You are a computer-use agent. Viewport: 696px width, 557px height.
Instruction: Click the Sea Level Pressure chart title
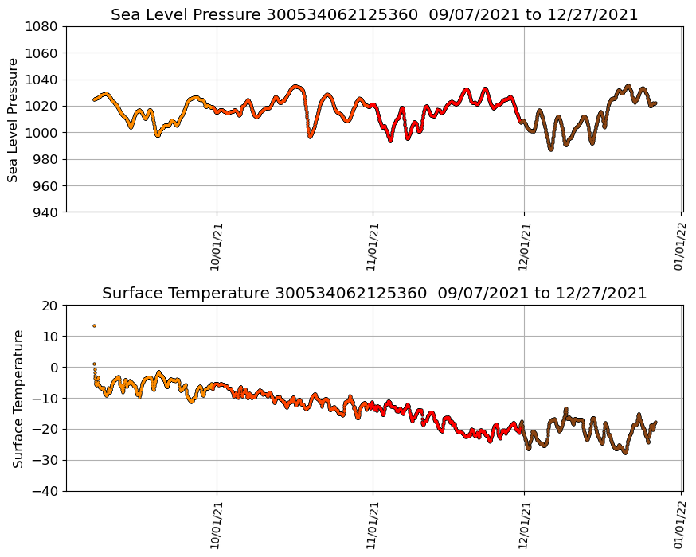pyautogui.click(x=374, y=14)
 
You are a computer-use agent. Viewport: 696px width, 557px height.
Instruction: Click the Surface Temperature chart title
pyautogui.click(x=374, y=293)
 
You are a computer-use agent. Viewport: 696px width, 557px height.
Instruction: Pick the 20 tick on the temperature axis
pyautogui.click(x=50, y=306)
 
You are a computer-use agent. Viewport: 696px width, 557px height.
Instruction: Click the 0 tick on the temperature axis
pyautogui.click(x=54, y=368)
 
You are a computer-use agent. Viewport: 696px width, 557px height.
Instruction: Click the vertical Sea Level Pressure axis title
pyautogui.click(x=14, y=119)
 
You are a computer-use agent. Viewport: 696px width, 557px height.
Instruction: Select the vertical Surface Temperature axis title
pyautogui.click(x=18, y=398)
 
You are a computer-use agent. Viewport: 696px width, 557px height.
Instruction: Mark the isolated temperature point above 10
pyautogui.click(x=94, y=325)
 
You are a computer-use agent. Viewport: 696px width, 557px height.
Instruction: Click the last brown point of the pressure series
pyautogui.click(x=655, y=103)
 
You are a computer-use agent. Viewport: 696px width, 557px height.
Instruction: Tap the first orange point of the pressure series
pyautogui.click(x=94, y=99)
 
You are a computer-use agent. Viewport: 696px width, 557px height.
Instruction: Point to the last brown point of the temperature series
pyautogui.click(x=655, y=423)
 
